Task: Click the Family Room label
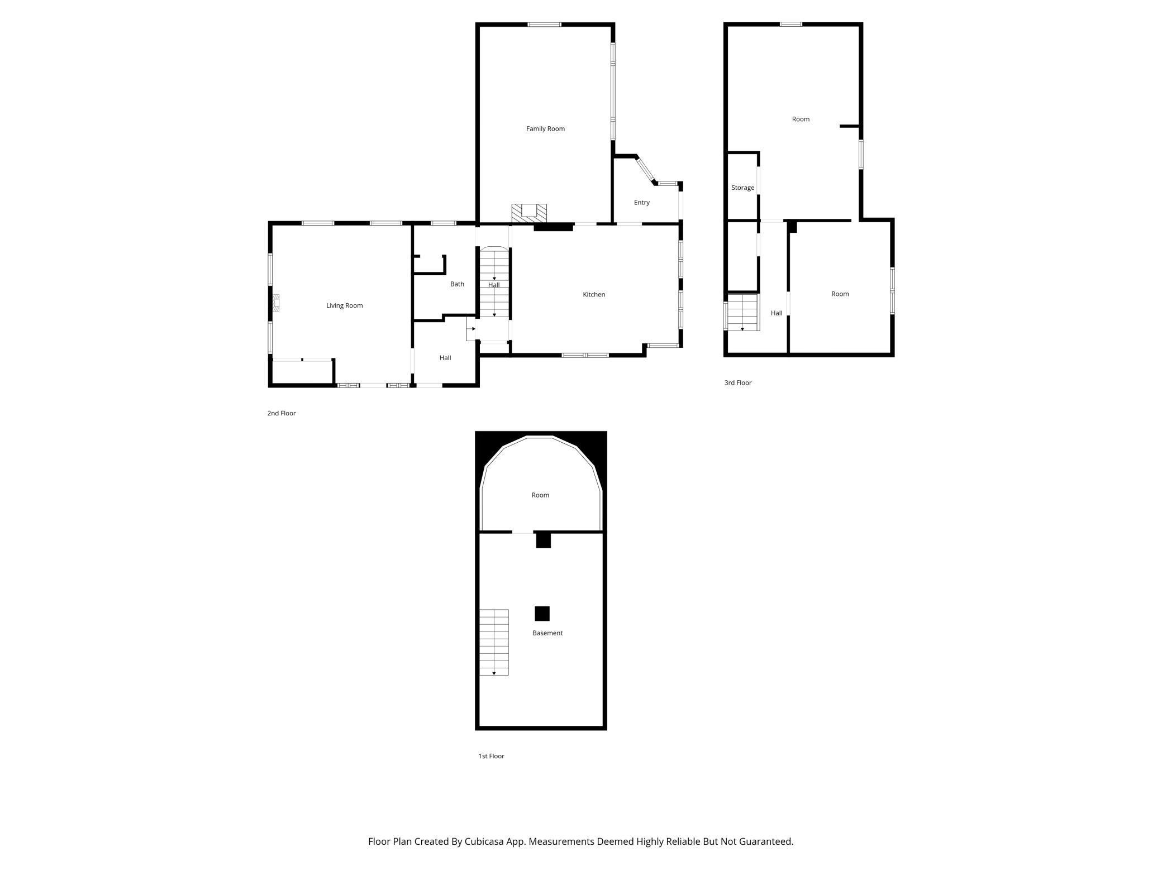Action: (x=545, y=129)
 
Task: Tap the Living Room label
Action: (x=344, y=306)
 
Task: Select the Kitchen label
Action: (x=594, y=295)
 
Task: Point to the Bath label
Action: (x=457, y=284)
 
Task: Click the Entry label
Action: (x=641, y=203)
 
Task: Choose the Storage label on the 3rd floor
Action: (x=742, y=188)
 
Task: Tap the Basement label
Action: (x=547, y=633)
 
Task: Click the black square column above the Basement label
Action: (x=542, y=614)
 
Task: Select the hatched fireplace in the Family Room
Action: (x=528, y=212)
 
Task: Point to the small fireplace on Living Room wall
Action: (x=276, y=303)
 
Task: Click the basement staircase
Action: (x=494, y=642)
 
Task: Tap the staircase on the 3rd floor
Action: (x=742, y=312)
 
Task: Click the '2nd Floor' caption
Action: (x=281, y=414)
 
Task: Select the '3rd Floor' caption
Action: (x=737, y=383)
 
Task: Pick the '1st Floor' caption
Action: (x=491, y=757)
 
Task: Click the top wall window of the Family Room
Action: (x=544, y=25)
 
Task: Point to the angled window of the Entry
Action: (x=645, y=170)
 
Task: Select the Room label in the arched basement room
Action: (x=540, y=495)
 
